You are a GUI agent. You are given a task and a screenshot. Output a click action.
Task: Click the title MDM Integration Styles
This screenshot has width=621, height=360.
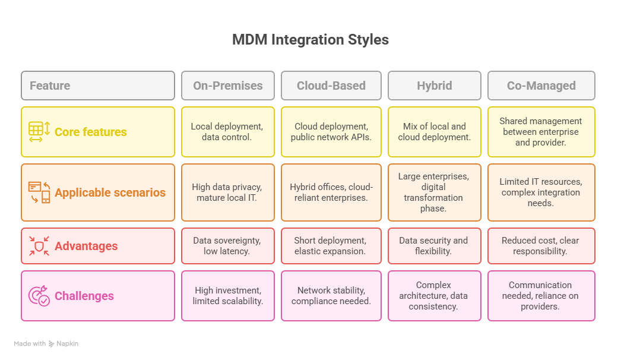click(x=310, y=40)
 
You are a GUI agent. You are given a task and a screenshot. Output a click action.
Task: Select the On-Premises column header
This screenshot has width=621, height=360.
click(x=227, y=86)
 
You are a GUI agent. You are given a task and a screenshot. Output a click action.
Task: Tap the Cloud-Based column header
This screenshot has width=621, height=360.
click(x=331, y=86)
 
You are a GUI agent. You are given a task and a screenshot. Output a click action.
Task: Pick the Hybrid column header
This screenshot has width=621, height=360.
click(x=434, y=86)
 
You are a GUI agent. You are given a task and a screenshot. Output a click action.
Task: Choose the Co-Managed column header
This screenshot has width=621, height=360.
click(x=541, y=86)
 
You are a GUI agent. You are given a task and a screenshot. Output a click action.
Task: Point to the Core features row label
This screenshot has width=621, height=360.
click(x=90, y=132)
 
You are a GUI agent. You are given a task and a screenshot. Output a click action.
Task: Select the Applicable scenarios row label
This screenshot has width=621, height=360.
click(x=110, y=192)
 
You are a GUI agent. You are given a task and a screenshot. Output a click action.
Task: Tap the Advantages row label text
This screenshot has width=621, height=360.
click(x=86, y=246)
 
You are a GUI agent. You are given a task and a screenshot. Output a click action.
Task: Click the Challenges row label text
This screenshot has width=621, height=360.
click(x=84, y=296)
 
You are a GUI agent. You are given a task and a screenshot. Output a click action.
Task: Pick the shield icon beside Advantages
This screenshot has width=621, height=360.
click(x=39, y=246)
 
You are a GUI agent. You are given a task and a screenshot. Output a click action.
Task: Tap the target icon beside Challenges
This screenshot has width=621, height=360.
click(x=39, y=296)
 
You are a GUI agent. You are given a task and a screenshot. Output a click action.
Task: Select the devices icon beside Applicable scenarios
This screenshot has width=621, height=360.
click(x=39, y=192)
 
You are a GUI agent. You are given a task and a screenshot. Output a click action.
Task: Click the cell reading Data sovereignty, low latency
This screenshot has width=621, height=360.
click(x=227, y=246)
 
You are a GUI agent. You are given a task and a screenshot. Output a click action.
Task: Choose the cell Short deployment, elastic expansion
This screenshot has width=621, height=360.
click(x=331, y=246)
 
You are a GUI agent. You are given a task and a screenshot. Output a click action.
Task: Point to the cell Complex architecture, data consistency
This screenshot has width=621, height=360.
click(x=434, y=296)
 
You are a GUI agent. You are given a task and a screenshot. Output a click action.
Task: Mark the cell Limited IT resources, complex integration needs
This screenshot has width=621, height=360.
click(x=541, y=192)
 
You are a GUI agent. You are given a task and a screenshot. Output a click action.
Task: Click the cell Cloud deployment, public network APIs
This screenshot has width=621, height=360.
click(x=331, y=132)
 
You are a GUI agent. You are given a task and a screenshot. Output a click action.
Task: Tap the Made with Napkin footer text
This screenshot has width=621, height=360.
click(x=46, y=343)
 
